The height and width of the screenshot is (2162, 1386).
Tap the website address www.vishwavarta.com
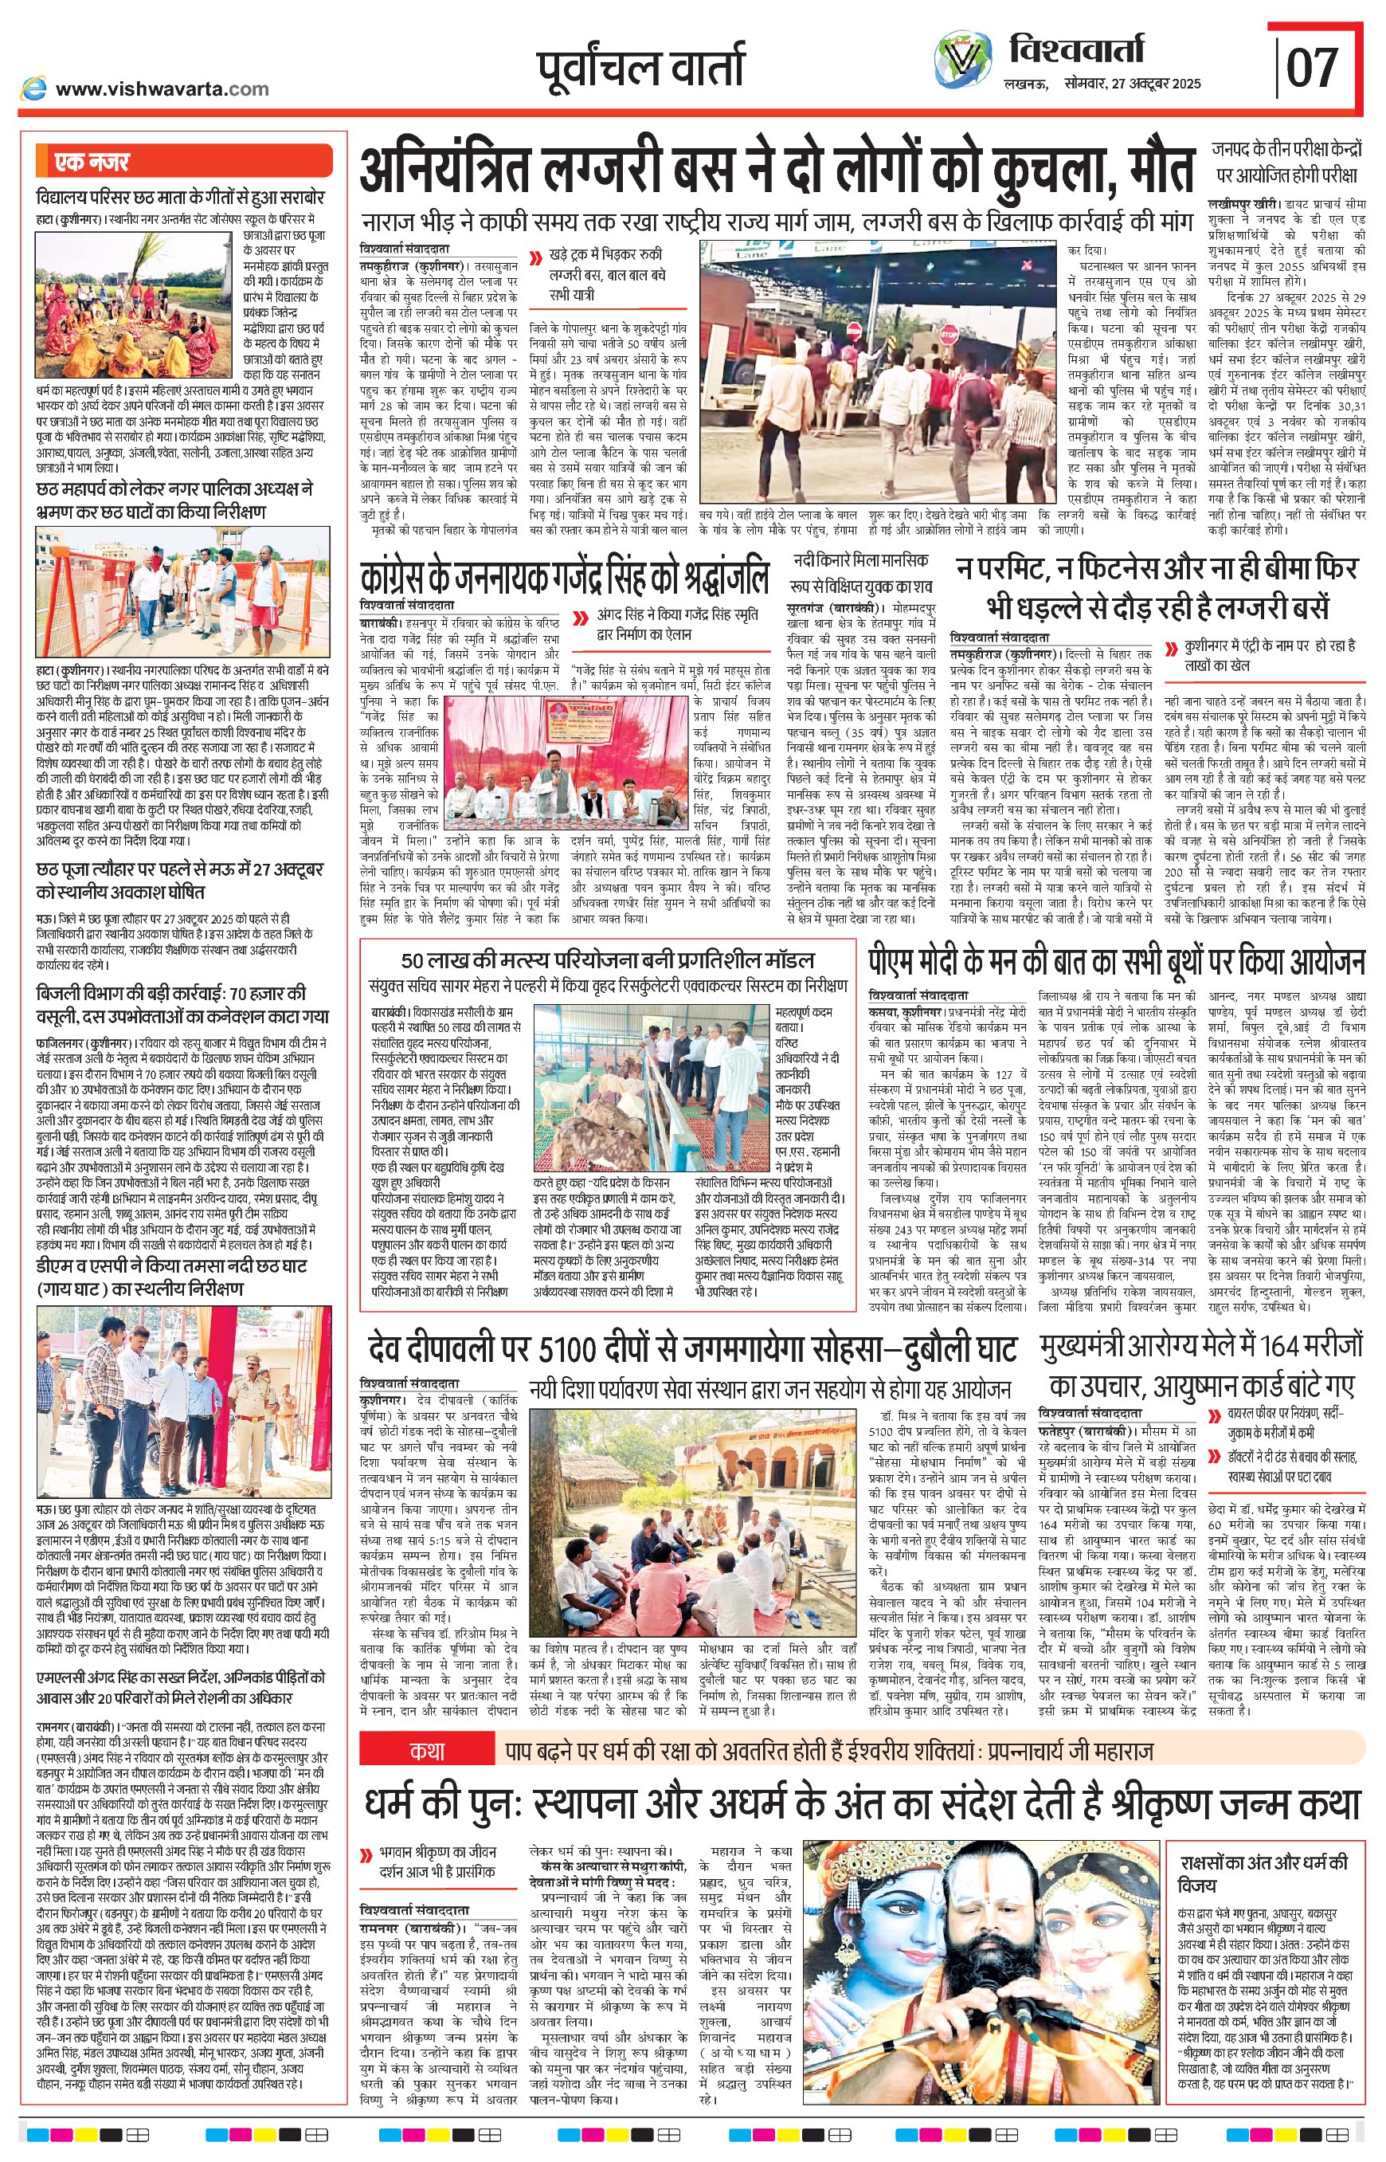(162, 89)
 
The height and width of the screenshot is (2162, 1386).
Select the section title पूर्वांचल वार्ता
(640, 65)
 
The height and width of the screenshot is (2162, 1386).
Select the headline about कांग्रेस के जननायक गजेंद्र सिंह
(564, 576)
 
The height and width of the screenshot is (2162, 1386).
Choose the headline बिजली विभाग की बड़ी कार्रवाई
(171, 1005)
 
